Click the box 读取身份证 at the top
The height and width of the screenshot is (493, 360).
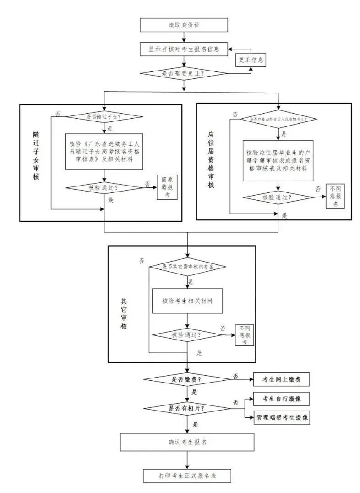pos(184,25)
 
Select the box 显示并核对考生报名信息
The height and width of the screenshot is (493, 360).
pos(184,49)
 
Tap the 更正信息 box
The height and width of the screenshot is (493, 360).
pos(251,60)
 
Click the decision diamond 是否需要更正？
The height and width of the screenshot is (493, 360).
pos(184,73)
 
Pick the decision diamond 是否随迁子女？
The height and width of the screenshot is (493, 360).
pos(106,116)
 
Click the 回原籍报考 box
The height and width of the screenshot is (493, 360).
pos(167,187)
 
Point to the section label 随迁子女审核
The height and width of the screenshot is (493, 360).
pos(36,156)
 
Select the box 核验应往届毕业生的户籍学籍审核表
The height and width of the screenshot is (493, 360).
pos(278,160)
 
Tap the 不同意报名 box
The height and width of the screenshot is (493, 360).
pos(335,197)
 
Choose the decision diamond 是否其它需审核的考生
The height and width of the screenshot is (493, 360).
pos(188,267)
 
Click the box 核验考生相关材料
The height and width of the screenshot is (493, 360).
pos(187,301)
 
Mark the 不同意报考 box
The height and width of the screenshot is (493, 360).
pos(245,334)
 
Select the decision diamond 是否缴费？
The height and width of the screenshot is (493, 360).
pos(187,379)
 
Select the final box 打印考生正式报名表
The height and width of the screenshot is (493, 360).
pos(187,476)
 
